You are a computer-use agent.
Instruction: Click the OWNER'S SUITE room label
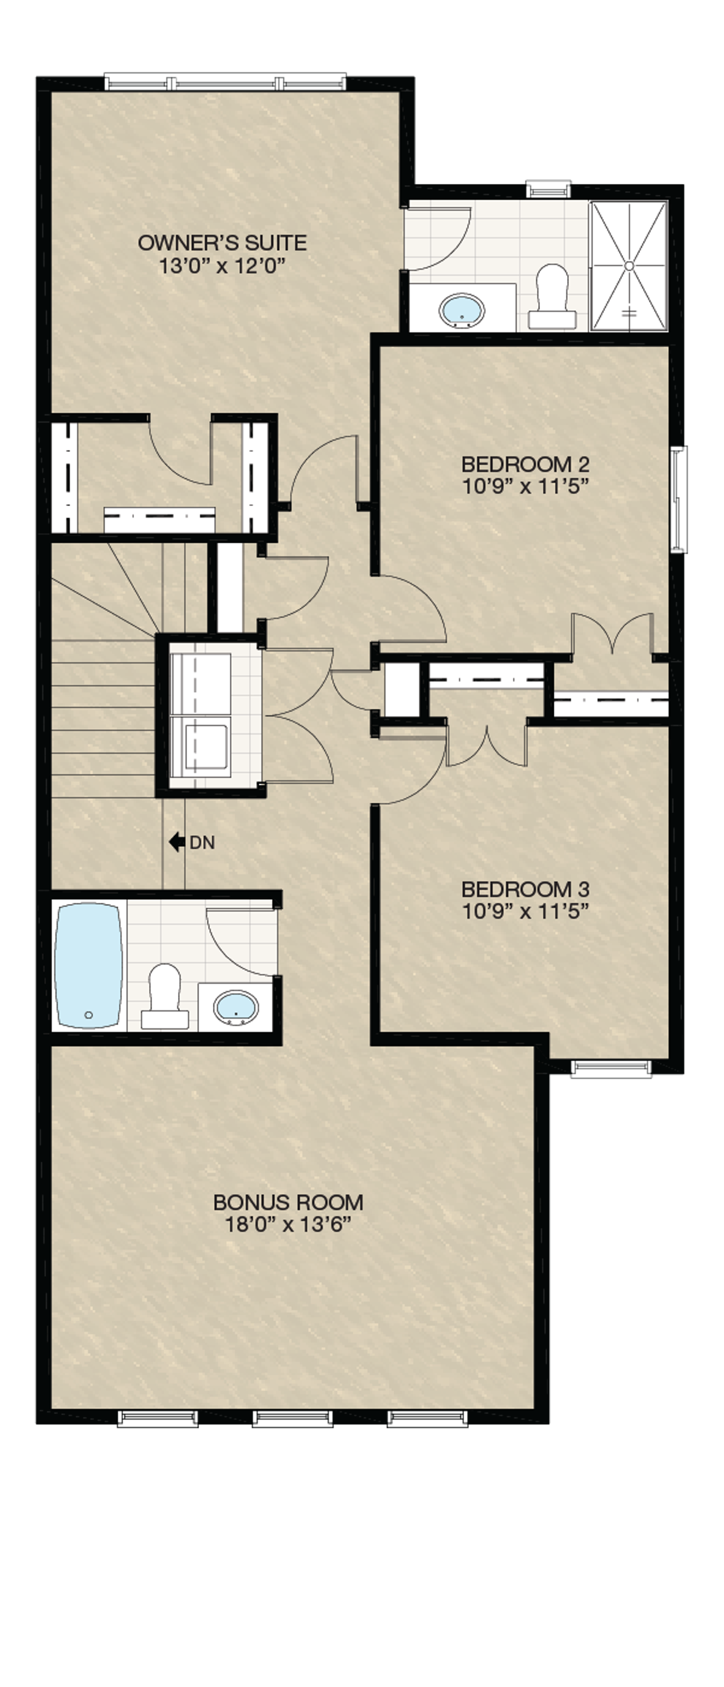click(x=222, y=243)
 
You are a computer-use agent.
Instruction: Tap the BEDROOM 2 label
click(x=526, y=464)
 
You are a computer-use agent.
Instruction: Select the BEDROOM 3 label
click(x=526, y=890)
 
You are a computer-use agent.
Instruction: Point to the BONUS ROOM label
click(x=288, y=1203)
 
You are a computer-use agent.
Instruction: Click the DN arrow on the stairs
click(x=177, y=842)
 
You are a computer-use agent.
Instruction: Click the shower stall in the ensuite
click(x=629, y=265)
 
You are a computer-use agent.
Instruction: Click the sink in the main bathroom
click(x=237, y=1008)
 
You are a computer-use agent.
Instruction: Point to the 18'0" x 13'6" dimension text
click(x=289, y=1224)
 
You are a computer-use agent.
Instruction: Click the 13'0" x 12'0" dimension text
click(x=223, y=265)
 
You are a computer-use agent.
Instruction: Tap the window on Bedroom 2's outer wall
click(x=679, y=499)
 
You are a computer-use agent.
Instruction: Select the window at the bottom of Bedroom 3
click(x=612, y=1068)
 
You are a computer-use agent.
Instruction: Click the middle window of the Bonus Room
click(x=293, y=1419)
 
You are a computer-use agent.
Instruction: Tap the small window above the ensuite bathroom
click(x=549, y=189)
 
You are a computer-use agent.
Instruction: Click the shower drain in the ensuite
click(x=629, y=265)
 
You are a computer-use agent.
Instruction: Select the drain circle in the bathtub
click(x=89, y=1016)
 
